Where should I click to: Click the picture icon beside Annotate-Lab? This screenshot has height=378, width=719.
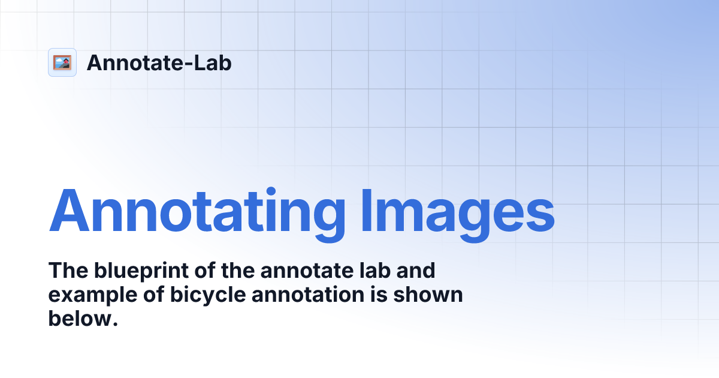click(62, 62)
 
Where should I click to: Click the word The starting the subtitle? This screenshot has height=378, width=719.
click(67, 271)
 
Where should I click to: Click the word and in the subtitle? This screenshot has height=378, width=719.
click(419, 271)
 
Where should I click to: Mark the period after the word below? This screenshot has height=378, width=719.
click(111, 325)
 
